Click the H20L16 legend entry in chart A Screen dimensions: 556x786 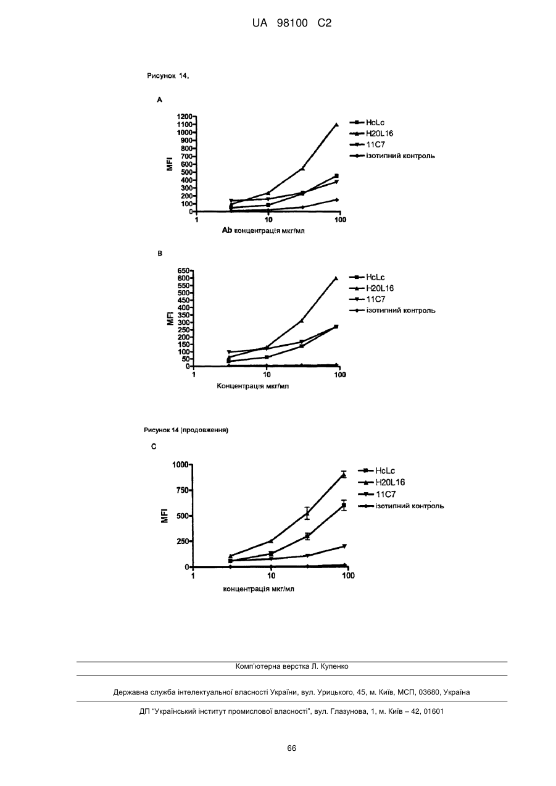[371, 133]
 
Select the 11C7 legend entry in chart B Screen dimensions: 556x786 [367, 299]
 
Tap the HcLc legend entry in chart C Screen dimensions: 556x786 [376, 470]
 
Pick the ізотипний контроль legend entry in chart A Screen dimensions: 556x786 [392, 156]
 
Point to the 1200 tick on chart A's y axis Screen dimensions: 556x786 [185, 117]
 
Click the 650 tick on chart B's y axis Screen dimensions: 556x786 [184, 270]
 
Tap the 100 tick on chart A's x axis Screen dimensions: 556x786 [340, 220]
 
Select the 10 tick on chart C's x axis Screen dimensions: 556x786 [271, 576]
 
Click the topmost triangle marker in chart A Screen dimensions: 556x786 [337, 125]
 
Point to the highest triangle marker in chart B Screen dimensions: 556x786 [336, 278]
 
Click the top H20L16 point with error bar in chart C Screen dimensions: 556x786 [344, 475]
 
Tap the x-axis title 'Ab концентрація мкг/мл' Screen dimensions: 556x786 [263, 231]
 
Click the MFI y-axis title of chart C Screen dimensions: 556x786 [165, 516]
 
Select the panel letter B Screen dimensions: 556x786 [160, 254]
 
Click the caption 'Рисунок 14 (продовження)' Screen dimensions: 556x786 [186, 430]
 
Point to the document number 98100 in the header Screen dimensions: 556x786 [292, 23]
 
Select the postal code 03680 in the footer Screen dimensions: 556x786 [429, 692]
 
